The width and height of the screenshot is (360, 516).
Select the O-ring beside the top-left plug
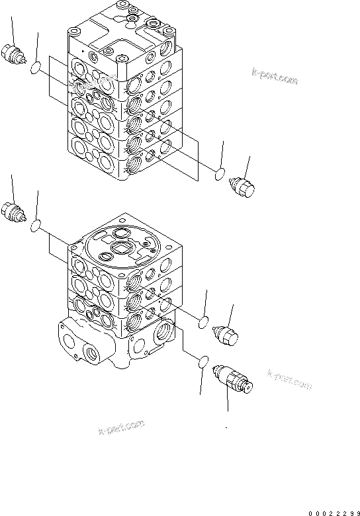(38, 66)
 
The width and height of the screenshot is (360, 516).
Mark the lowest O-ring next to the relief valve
(204, 363)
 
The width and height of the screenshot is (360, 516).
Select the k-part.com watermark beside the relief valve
(289, 379)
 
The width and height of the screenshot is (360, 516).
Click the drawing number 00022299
(331, 511)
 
